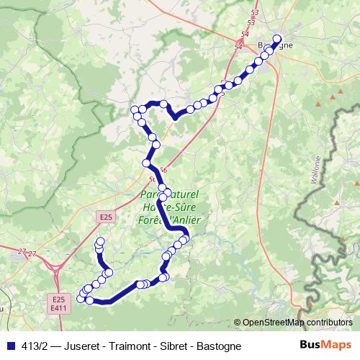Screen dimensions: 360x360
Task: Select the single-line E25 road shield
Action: pos(106,216)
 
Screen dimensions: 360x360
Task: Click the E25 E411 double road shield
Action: pos(59,303)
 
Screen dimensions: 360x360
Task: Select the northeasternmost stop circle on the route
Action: pos(277,39)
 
